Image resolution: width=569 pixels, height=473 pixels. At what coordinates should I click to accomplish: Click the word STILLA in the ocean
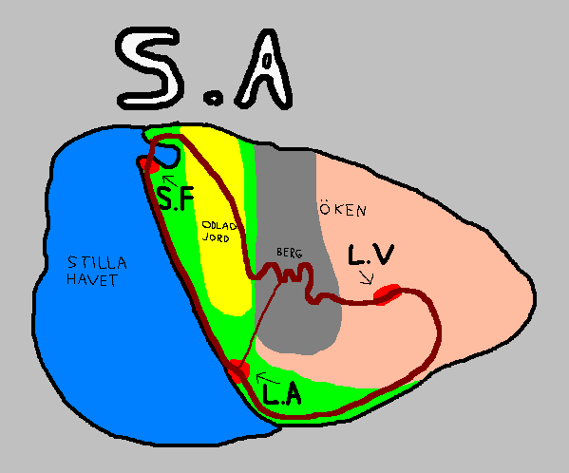coord(97,262)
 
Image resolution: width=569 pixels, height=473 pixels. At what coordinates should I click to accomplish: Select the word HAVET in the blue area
coord(92,279)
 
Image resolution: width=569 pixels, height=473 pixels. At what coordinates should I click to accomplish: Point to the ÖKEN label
coord(343,209)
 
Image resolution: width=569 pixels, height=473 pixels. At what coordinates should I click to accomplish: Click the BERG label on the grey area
coord(289,253)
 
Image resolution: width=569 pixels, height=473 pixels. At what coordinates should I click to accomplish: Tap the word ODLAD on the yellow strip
coord(219,226)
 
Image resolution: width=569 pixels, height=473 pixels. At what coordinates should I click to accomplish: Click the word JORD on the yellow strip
coord(216,238)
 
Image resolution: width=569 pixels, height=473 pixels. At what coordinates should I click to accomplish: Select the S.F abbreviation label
coord(176,199)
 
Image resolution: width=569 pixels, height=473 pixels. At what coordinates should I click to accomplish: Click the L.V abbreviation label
coord(370,255)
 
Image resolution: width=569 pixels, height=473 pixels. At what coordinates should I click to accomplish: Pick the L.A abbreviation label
coord(282,394)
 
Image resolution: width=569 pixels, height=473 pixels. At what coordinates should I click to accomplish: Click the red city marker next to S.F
coord(149,165)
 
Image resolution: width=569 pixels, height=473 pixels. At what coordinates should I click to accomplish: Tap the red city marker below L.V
coord(388,294)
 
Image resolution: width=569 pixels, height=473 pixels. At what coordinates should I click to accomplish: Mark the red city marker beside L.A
coord(238,370)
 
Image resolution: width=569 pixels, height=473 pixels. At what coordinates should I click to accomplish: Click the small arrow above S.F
coord(169,180)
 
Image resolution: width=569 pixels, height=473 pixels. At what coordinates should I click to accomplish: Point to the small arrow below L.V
coord(367,277)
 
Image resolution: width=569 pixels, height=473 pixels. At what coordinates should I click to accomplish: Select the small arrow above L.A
coord(268,378)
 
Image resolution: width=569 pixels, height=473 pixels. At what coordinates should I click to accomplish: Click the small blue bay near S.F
coord(165,155)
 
